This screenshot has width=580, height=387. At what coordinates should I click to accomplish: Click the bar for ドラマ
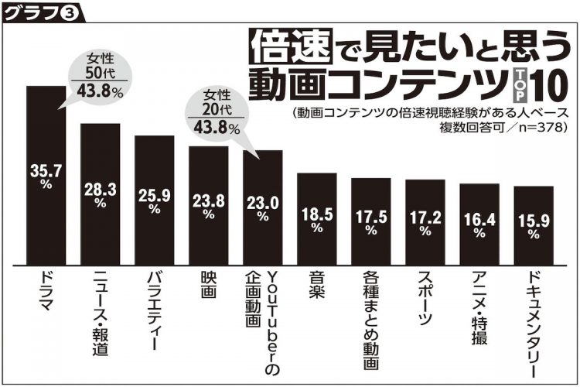[46, 174]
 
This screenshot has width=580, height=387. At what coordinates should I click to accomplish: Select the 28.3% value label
[101, 192]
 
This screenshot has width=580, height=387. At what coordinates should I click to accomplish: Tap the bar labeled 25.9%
[155, 201]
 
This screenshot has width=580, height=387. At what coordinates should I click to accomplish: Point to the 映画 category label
[208, 288]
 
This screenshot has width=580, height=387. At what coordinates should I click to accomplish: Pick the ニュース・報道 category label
[101, 313]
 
